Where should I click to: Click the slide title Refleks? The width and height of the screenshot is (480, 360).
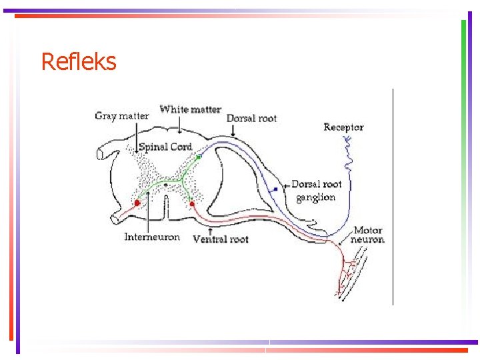[79, 62]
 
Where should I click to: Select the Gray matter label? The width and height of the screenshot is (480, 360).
[122, 116]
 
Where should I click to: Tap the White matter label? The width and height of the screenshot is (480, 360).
[190, 109]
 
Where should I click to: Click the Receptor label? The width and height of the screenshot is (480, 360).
[343, 127]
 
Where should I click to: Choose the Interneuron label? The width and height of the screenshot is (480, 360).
[152, 237]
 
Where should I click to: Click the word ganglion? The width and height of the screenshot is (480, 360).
[315, 197]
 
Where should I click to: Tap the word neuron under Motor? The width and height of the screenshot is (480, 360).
[368, 239]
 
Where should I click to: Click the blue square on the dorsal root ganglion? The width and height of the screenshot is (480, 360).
[275, 190]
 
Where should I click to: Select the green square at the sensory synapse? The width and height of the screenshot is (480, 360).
[199, 157]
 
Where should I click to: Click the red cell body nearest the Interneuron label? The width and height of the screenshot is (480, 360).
[137, 203]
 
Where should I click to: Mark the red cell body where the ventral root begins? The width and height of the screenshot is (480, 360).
[192, 203]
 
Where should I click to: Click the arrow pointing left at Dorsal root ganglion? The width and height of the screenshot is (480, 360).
[287, 185]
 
